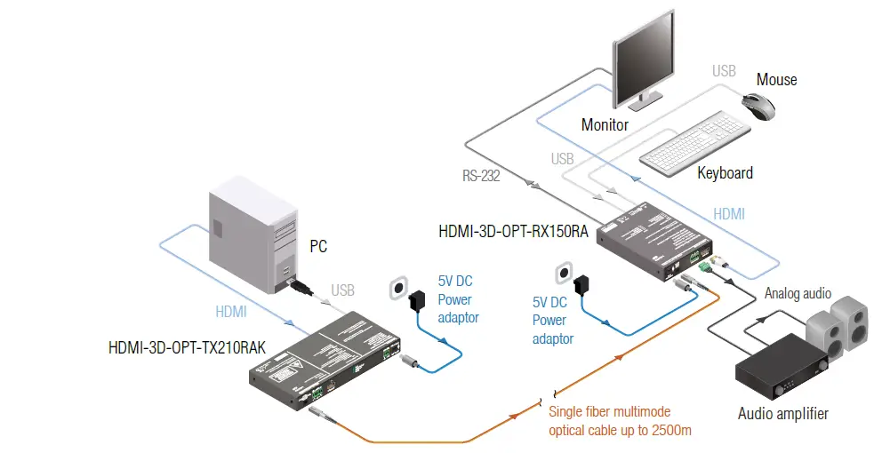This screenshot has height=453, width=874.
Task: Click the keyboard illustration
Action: click(695, 142)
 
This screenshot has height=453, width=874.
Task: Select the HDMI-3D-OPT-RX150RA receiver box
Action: click(653, 241)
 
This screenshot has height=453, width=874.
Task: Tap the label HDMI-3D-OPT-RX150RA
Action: click(512, 233)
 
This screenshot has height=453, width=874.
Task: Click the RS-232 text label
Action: click(481, 176)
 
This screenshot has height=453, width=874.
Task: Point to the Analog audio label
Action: click(798, 293)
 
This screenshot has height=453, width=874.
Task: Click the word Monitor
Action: click(605, 125)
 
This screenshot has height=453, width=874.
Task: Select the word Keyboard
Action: click(725, 173)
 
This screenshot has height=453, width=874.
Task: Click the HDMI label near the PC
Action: click(231, 312)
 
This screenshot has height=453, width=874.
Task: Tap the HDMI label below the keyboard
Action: click(729, 214)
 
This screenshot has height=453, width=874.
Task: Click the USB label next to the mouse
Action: click(724, 70)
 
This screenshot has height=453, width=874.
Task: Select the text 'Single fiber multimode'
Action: click(609, 412)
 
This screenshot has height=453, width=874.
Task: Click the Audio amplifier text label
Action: click(782, 413)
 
